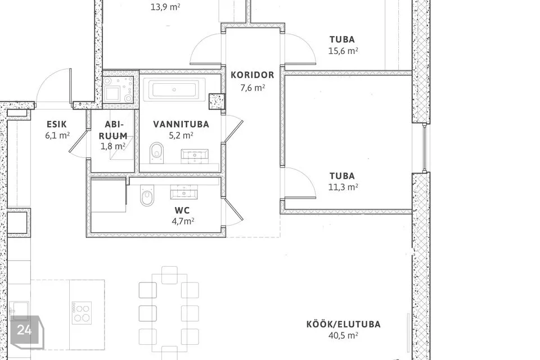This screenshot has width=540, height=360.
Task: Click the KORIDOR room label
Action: click(x=252, y=75)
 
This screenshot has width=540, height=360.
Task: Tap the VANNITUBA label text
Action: click(x=181, y=124)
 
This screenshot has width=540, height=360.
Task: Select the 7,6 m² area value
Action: click(x=253, y=88)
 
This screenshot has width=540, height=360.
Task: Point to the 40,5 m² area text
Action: click(x=343, y=335)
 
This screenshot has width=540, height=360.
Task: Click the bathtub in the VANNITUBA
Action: click(x=174, y=89)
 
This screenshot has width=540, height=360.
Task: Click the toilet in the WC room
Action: click(x=147, y=196)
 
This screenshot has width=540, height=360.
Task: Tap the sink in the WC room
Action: click(x=184, y=192)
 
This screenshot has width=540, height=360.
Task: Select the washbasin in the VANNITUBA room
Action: click(x=195, y=156)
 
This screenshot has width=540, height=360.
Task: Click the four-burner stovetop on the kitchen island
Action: click(x=82, y=313)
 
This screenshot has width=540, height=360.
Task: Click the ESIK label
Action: click(x=57, y=124)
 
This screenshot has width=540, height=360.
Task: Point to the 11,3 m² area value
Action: click(x=343, y=187)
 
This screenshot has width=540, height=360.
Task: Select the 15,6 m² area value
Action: click(x=343, y=51)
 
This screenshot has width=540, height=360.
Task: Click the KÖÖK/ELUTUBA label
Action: click(x=343, y=324)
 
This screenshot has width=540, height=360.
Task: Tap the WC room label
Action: click(x=182, y=210)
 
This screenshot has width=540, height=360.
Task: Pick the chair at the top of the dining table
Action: click(x=169, y=274)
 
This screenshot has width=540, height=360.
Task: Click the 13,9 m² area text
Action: click(x=165, y=7)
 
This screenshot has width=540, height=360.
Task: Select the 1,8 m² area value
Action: click(x=112, y=146)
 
